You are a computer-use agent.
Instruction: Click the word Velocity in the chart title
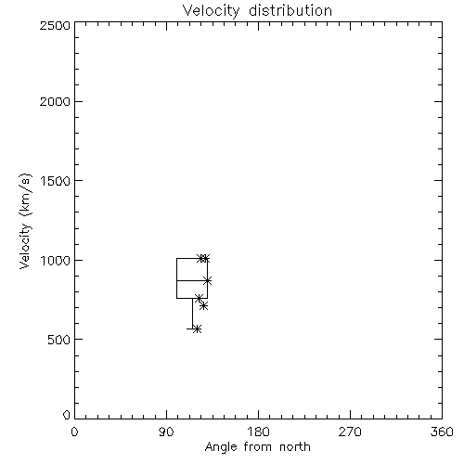211,11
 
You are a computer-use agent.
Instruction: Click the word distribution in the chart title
290,10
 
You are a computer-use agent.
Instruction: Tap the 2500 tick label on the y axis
55,25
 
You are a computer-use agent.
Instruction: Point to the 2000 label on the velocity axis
55,101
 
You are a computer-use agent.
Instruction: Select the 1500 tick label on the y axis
56,181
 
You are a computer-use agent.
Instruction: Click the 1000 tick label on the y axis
56,260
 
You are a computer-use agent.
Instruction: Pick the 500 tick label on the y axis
59,340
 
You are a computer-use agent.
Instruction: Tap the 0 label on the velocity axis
67,415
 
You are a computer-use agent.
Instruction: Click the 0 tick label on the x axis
74,432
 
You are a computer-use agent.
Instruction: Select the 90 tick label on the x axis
166,432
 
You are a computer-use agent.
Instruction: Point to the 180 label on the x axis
258,432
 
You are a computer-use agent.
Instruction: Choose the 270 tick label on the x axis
350,432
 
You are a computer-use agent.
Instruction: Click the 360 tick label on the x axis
442,432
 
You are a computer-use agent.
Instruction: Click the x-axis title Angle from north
258,447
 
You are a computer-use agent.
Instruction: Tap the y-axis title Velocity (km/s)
25,221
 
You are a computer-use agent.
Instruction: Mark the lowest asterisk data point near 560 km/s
197,329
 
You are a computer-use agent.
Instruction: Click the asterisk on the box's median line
208,280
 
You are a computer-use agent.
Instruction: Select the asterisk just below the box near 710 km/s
203,306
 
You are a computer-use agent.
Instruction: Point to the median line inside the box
192,280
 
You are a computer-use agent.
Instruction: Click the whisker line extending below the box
192,314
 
